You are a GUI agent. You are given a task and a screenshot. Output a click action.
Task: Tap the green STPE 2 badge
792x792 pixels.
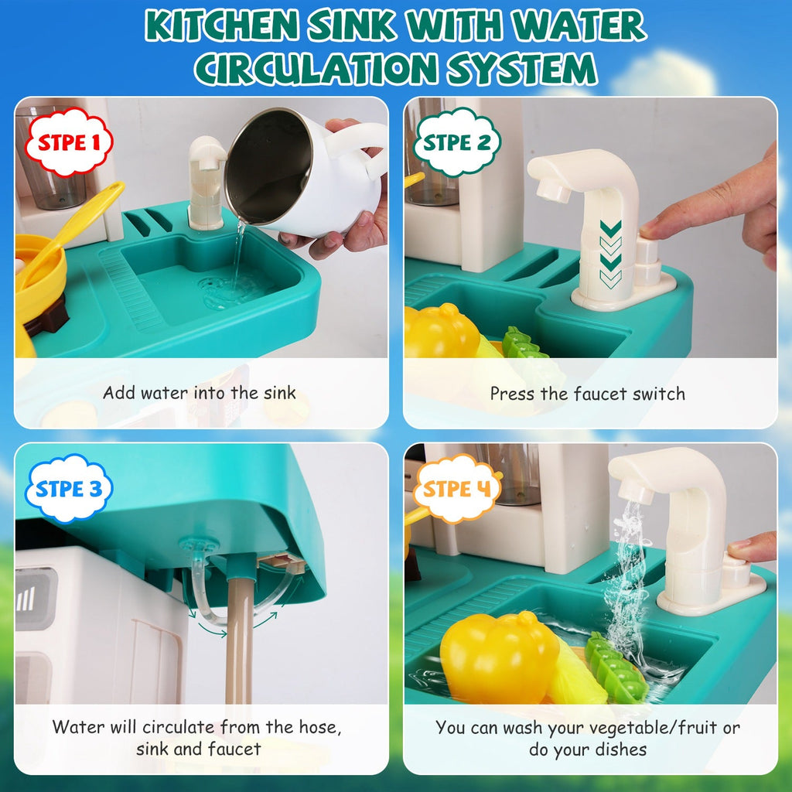pos(457,143)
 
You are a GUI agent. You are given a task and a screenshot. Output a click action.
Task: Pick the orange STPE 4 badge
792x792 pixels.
pos(457,489)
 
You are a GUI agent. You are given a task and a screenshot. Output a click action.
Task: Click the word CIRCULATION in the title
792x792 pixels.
pos(306,67)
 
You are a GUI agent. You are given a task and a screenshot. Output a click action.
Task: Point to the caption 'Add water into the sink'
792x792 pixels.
pos(200,393)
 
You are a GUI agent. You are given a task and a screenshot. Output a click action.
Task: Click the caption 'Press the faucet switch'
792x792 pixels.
pos(588,394)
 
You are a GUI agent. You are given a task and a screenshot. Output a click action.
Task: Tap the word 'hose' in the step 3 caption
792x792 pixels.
pos(319,727)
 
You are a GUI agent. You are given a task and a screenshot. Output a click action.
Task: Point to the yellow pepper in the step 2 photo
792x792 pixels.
pos(442,332)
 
